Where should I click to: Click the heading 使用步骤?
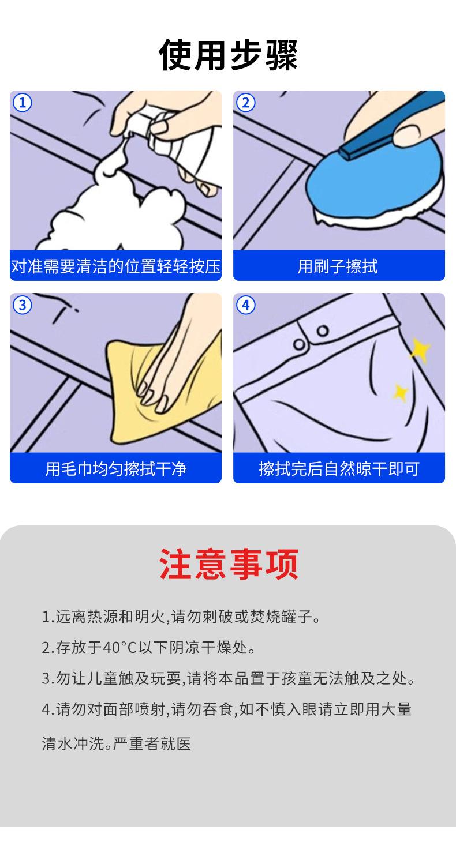pyautogui.click(x=228, y=55)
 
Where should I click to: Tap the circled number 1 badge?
pyautogui.click(x=23, y=103)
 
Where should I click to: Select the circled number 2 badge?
pyautogui.click(x=245, y=103)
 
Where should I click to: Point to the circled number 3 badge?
pyautogui.click(x=23, y=306)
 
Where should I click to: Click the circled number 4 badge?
pyautogui.click(x=245, y=306)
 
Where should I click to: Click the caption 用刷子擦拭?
pyautogui.click(x=338, y=266)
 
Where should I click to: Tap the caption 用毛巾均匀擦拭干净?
pyautogui.click(x=116, y=469)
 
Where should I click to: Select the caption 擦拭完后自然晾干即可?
pyautogui.click(x=339, y=469)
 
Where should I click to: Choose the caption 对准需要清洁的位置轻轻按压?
pyautogui.click(x=116, y=266)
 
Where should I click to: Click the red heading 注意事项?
pyautogui.click(x=228, y=564)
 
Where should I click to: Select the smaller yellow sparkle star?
pyautogui.click(x=400, y=392)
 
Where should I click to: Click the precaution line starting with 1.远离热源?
pyautogui.click(x=181, y=617)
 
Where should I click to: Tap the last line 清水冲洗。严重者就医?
pyautogui.click(x=117, y=743)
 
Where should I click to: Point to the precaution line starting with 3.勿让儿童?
pyautogui.click(x=228, y=678)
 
